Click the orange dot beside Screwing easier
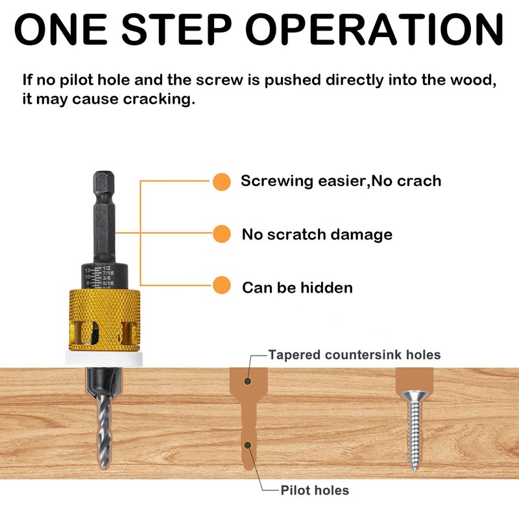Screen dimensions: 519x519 click(x=222, y=182)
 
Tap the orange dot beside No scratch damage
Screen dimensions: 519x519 click(x=222, y=234)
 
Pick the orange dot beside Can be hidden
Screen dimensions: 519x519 click(x=222, y=285)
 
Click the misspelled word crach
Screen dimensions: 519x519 click(x=415, y=181)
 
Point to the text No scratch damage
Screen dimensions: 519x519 click(x=317, y=234)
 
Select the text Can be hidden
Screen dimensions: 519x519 click(x=297, y=287)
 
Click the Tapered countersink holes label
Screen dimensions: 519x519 click(x=354, y=355)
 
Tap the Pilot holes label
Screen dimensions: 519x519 click(x=315, y=490)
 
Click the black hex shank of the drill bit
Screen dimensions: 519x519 click(x=104, y=214)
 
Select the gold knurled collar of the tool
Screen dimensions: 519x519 click(x=104, y=318)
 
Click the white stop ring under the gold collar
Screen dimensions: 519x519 click(x=104, y=357)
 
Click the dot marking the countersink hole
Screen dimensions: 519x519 click(x=247, y=381)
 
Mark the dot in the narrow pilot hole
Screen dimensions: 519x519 click(x=247, y=444)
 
